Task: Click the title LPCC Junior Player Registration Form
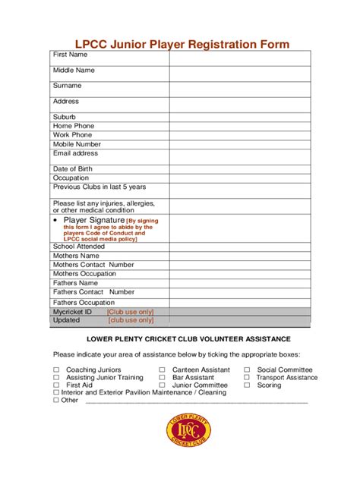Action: click(180, 44)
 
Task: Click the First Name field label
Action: click(70, 55)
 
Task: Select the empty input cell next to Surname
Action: click(239, 87)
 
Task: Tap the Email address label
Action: click(75, 153)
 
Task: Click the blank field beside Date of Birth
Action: click(239, 168)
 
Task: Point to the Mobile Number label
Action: click(77, 144)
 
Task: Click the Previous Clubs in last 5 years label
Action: click(99, 187)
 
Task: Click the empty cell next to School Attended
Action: click(239, 246)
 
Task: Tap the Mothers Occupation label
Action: click(84, 274)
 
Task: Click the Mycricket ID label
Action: click(72, 311)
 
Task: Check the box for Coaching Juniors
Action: click(56, 370)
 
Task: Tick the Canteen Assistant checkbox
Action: click(163, 370)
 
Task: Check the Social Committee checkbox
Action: click(247, 370)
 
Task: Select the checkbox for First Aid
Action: click(56, 385)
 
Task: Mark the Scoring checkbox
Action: click(247, 385)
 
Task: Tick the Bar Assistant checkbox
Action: click(163, 378)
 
